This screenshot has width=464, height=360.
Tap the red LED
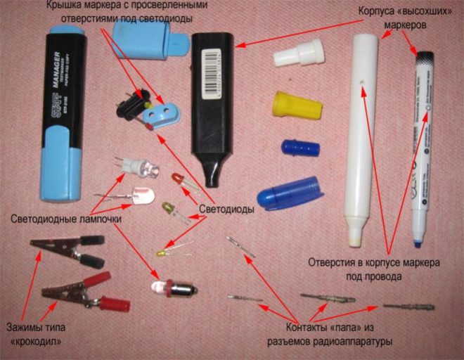pyautogui.click(x=179, y=181)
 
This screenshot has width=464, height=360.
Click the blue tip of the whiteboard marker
pyautogui.click(x=418, y=243)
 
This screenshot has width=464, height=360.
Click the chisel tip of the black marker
pyautogui.click(x=212, y=176)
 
